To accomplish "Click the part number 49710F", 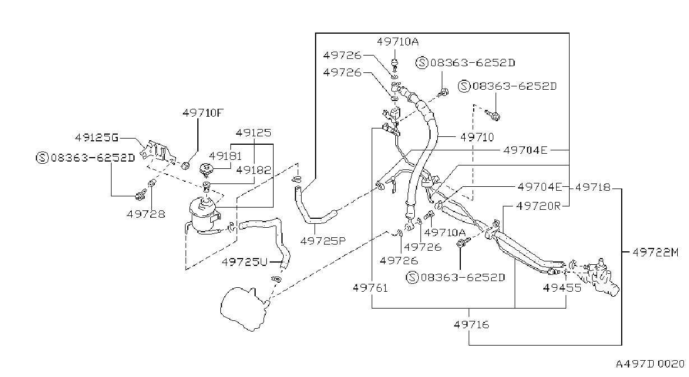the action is pos(203,113).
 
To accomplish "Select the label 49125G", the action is pos(97,137).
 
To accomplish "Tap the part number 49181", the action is pos(225,156).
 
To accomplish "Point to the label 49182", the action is pos(254,170).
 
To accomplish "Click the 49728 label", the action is pos(146,214).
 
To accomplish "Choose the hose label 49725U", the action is pos(245,262).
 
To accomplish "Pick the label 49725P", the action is pos(323,241).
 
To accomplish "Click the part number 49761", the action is pos(371,288).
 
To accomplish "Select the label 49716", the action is pos(471,324).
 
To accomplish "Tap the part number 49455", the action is pos(562,288).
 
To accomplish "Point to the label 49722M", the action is pos(655,252).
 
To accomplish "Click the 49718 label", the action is pos(593,187).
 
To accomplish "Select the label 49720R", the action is pos(539,206).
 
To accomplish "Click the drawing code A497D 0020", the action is pos(650,364).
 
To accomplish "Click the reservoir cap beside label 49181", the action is pos(206,170).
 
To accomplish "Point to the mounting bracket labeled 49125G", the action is pos(158,153).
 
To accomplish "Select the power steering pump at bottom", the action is pos(244,309).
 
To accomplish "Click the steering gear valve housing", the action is pos(602,277).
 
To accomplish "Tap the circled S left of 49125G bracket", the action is pos(43,158).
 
